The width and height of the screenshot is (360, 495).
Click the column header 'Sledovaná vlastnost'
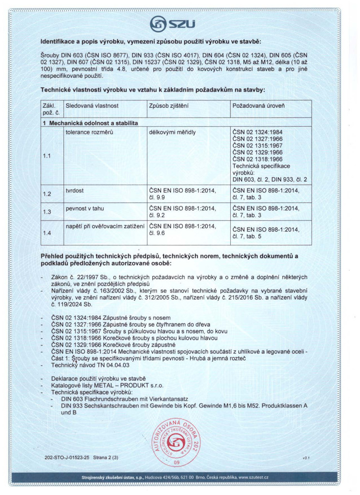(92, 105)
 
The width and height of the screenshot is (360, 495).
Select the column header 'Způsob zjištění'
(168, 105)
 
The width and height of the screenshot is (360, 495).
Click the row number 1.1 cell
(47, 156)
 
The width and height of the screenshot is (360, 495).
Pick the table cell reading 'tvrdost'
(75, 190)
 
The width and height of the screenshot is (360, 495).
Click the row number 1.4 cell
(47, 233)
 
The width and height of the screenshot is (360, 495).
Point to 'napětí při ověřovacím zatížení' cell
(104, 225)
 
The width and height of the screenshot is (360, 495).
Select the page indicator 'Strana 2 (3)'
(105, 457)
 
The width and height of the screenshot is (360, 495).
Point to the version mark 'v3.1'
(305, 456)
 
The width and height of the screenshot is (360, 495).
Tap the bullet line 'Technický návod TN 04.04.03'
(85, 366)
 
